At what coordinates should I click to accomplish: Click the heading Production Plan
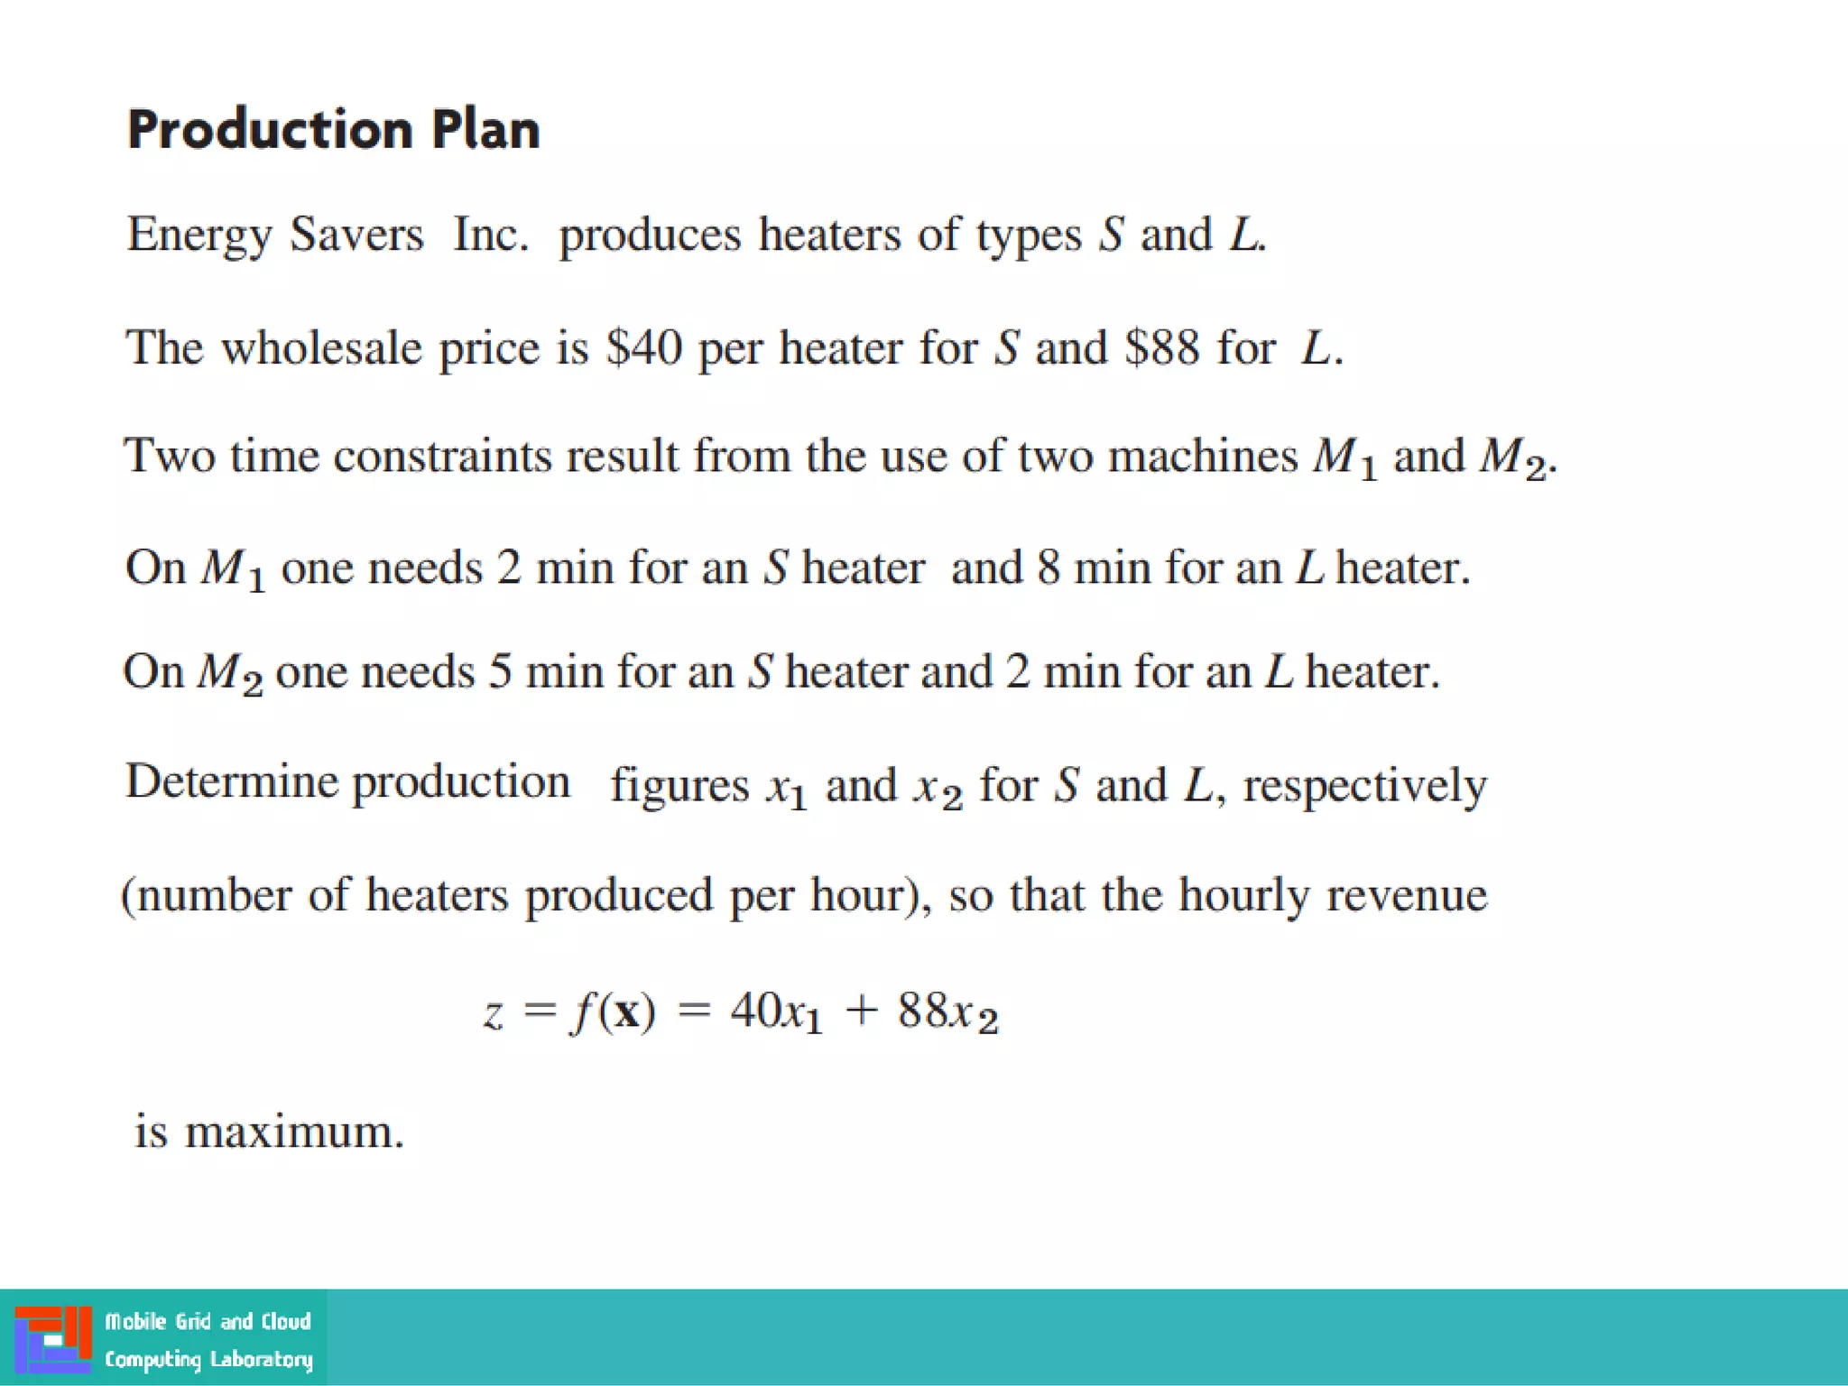coord(333,130)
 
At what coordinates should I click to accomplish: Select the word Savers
coord(356,235)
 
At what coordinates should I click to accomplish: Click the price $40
coord(643,348)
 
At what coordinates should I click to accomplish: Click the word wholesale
coord(321,348)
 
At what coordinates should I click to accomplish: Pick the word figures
coord(679,785)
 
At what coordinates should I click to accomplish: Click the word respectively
coord(1364,785)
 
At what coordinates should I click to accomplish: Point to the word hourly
coord(1243,897)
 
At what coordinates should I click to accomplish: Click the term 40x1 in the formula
coord(776,1012)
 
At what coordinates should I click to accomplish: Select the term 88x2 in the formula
coord(947,1012)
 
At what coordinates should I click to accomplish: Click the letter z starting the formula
coord(493,1013)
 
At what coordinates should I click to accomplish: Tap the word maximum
coord(294,1132)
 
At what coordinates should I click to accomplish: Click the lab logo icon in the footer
coord(53,1339)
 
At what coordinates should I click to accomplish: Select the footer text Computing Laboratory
coord(208,1359)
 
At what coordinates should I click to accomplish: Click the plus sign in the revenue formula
coord(861,1010)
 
